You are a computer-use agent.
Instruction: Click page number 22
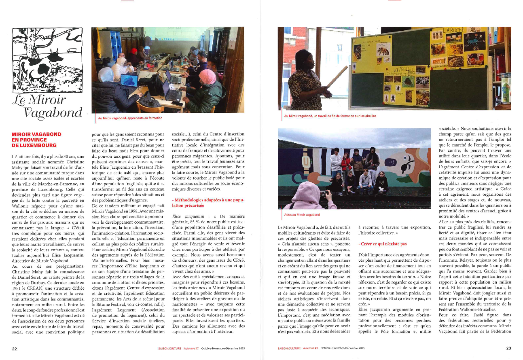tap(14, 348)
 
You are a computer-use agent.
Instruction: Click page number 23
tap(508, 348)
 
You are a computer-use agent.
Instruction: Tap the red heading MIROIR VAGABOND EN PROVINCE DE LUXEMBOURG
tap(37, 140)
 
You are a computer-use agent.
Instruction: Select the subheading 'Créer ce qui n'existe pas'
tap(382, 244)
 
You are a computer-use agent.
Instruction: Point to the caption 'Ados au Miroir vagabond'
tap(302, 214)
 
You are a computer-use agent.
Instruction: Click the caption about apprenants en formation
tap(130, 118)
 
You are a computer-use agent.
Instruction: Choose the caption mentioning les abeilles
tap(330, 116)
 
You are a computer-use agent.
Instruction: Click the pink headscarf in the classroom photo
tap(208, 76)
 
